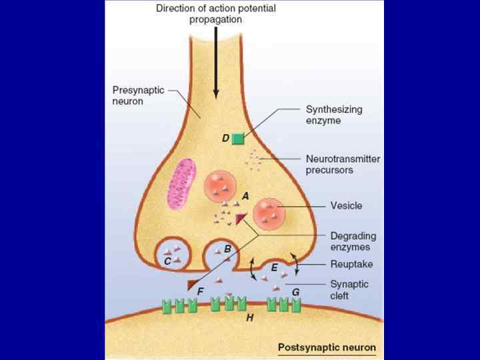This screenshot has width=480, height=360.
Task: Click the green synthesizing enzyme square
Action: tap(238, 138)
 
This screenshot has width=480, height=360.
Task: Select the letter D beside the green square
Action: tap(226, 138)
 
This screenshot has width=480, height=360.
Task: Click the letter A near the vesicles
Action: tap(245, 196)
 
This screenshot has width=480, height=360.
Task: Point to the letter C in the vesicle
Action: tap(168, 262)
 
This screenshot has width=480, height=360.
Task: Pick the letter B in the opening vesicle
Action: tap(227, 249)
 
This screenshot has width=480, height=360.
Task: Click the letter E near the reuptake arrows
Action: tap(274, 267)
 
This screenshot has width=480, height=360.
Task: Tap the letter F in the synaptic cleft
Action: tap(201, 291)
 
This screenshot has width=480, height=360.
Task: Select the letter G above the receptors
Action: tap(295, 291)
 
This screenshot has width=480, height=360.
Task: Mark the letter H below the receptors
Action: tap(249, 318)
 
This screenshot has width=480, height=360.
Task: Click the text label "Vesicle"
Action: tap(347, 205)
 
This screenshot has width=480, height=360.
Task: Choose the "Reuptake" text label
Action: tap(352, 265)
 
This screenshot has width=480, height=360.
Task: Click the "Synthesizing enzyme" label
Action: tap(333, 115)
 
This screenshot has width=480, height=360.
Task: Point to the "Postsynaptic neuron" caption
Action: tap(327, 347)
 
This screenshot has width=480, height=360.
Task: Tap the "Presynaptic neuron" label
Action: tap(137, 94)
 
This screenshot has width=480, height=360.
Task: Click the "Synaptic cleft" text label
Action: tap(349, 289)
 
